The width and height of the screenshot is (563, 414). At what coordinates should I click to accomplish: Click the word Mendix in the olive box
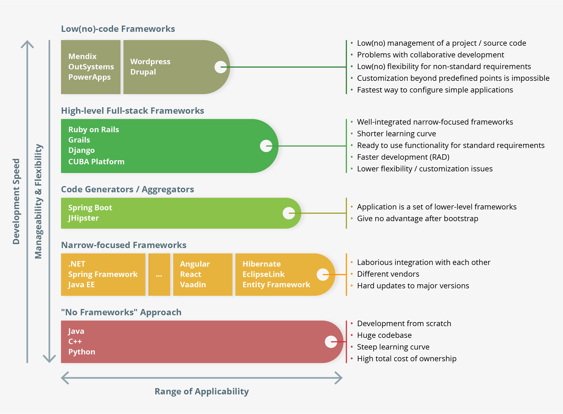click(82, 56)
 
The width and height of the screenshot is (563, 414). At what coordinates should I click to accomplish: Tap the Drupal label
click(143, 72)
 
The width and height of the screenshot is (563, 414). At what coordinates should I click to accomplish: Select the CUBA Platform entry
click(96, 162)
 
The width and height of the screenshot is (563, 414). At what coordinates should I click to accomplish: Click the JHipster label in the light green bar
click(83, 218)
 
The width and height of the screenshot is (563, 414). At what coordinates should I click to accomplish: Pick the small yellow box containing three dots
click(159, 274)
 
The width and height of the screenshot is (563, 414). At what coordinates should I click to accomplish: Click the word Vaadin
click(193, 285)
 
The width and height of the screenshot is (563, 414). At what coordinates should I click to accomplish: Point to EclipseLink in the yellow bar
click(263, 274)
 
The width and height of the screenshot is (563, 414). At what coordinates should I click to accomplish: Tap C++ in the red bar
click(75, 341)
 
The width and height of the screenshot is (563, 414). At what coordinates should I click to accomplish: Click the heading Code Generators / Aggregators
click(127, 189)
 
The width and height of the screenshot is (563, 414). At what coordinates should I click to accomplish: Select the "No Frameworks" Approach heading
click(121, 312)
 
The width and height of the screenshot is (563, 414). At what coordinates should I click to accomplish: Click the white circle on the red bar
click(331, 342)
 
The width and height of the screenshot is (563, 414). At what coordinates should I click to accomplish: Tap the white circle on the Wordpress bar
click(220, 67)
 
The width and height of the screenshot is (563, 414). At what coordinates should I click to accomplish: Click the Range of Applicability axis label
click(202, 391)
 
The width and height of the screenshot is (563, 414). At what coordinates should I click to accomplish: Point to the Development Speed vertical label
click(16, 201)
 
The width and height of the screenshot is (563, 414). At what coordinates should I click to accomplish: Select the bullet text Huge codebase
click(384, 335)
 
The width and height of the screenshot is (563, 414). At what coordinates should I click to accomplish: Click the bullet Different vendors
click(388, 274)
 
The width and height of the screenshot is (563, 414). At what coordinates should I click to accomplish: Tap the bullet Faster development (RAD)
click(403, 157)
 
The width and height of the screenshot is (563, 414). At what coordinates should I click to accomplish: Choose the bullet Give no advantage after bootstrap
click(417, 218)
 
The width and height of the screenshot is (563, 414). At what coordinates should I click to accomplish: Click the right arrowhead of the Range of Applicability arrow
click(339, 378)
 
